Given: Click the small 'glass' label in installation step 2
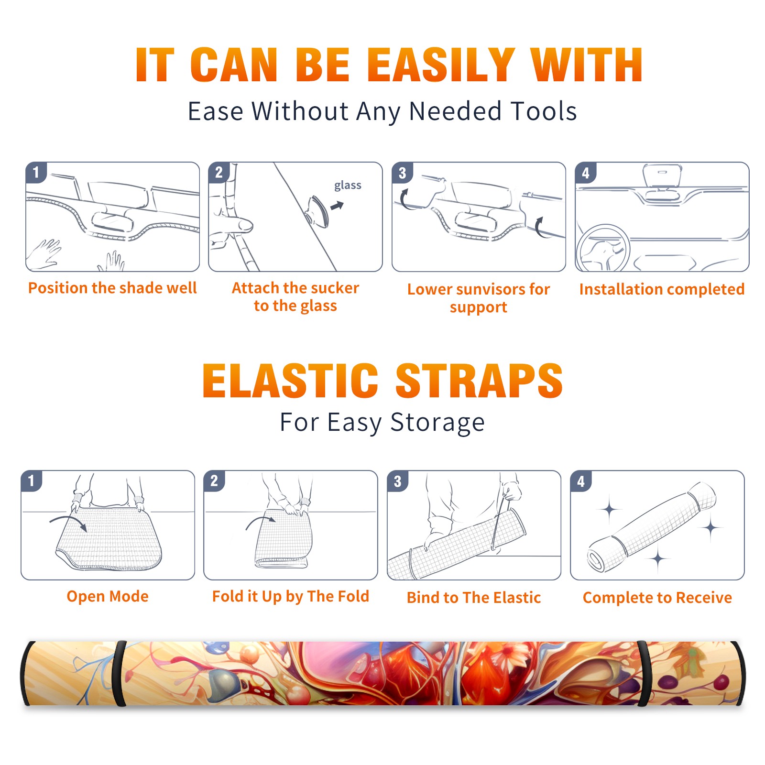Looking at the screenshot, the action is [x=348, y=185].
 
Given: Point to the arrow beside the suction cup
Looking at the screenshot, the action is [x=337, y=206].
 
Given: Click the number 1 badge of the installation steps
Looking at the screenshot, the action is [x=36, y=172].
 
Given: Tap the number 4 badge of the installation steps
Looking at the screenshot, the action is [x=586, y=172].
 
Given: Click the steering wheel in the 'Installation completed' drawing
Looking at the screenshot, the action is [x=603, y=249].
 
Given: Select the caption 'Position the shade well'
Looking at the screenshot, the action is [x=112, y=288].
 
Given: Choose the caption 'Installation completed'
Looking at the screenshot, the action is [x=662, y=289].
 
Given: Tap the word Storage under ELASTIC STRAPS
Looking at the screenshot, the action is [x=437, y=423].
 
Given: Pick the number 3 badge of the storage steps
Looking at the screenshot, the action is [x=397, y=481].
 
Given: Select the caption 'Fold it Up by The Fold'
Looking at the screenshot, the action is [x=291, y=596].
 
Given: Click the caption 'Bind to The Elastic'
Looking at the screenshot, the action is [x=474, y=598].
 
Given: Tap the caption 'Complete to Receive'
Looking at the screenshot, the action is [x=657, y=598].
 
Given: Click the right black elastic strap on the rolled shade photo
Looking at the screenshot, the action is [x=644, y=673].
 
